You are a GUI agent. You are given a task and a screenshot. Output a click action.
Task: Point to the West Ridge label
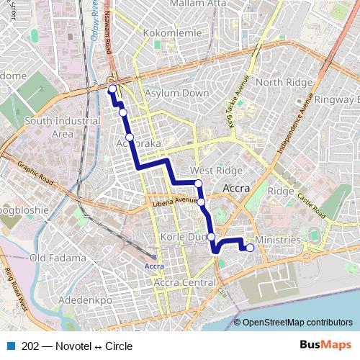coord(216,171)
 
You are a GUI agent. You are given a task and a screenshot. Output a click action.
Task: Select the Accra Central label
coord(185,283)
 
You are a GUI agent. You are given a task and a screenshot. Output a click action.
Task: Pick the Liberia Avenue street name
coord(175,201)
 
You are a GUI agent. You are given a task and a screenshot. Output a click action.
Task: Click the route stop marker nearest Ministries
coord(250,248)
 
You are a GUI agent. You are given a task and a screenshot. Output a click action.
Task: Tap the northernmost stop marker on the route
coord(112,89)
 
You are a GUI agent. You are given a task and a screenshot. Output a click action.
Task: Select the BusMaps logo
coord(326,346)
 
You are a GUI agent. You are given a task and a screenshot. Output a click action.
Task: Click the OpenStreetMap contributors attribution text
coord(297,323)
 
